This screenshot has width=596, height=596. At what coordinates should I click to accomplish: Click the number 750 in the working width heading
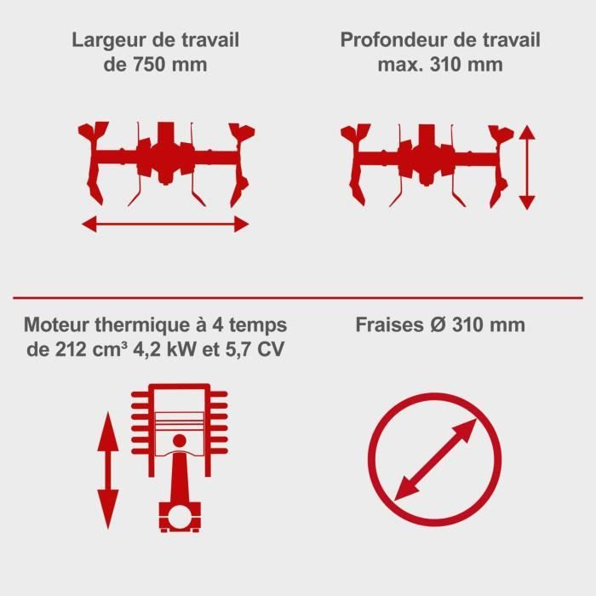point(141,65)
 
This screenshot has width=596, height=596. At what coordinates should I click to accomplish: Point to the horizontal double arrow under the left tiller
point(165,224)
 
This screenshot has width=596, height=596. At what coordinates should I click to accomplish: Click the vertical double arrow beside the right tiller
point(527,167)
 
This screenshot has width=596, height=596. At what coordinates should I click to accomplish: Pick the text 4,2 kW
point(157,350)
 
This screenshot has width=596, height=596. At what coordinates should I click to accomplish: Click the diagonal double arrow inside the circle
point(435,461)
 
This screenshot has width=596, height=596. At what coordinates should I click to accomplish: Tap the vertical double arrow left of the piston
point(108,473)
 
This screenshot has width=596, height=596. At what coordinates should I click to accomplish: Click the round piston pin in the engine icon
point(180,440)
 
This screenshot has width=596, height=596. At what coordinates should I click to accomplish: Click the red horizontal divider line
point(298,297)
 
